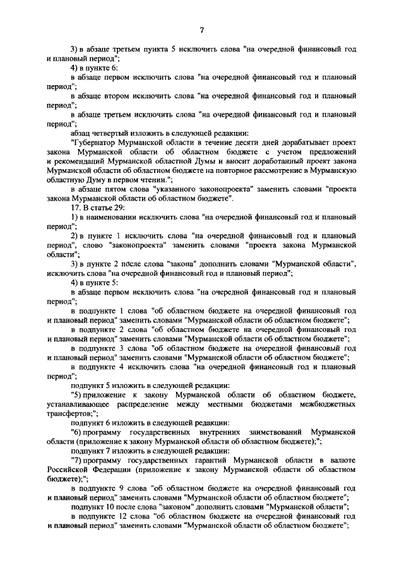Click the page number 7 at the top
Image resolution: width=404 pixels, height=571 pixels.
[x=201, y=31]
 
